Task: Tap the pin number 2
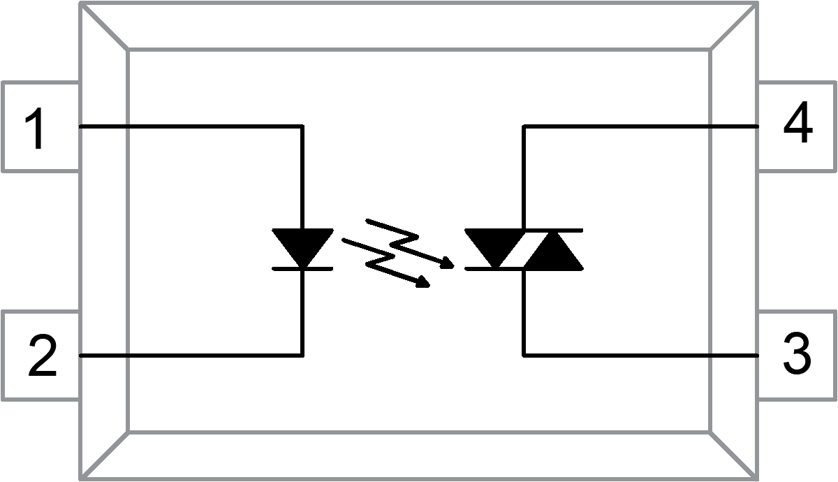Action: coord(42,356)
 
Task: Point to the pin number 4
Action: coord(797,126)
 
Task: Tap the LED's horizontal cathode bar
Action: coord(302,268)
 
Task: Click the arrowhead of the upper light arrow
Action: coord(445,263)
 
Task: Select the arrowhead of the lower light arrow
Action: coord(422,282)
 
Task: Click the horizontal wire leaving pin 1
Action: coord(189,126)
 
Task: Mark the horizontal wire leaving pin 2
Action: coord(189,355)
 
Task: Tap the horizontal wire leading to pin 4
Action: coord(642,126)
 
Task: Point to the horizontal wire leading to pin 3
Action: coord(642,355)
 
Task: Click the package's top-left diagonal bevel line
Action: coord(105,26)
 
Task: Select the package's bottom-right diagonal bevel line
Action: coord(734,455)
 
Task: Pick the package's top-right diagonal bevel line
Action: coord(734,26)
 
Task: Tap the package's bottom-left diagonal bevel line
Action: coord(105,455)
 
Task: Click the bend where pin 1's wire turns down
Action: coord(302,126)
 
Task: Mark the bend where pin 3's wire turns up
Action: coord(524,355)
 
